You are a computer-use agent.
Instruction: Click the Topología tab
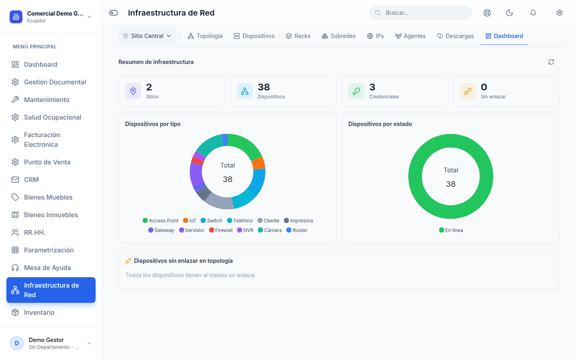[205, 36]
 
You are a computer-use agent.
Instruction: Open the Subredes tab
[338, 36]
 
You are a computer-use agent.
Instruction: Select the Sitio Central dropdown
[147, 36]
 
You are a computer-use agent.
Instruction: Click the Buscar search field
[421, 13]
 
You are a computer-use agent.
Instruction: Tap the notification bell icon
[533, 13]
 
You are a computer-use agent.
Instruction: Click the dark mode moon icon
[510, 13]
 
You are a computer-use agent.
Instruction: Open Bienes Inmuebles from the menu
[51, 215]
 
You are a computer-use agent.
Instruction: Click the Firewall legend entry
[221, 230]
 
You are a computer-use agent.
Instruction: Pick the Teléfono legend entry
[240, 221]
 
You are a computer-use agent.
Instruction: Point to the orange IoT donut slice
[259, 164]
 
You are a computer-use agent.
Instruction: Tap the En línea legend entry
[451, 230]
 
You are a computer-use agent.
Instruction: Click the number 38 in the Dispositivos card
[264, 87]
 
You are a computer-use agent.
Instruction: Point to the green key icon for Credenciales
[356, 91]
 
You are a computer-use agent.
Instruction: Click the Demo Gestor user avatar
[17, 343]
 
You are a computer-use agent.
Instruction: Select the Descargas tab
[455, 36]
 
